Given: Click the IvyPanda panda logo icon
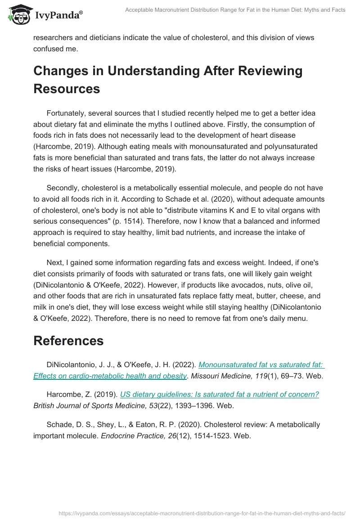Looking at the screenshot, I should [x=18, y=14].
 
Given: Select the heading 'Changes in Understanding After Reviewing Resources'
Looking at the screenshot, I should [x=168, y=80].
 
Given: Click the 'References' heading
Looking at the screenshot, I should [x=68, y=341].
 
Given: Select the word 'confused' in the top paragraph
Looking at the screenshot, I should [x=48, y=49].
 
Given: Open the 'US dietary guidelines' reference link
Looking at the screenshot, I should [x=219, y=394].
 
